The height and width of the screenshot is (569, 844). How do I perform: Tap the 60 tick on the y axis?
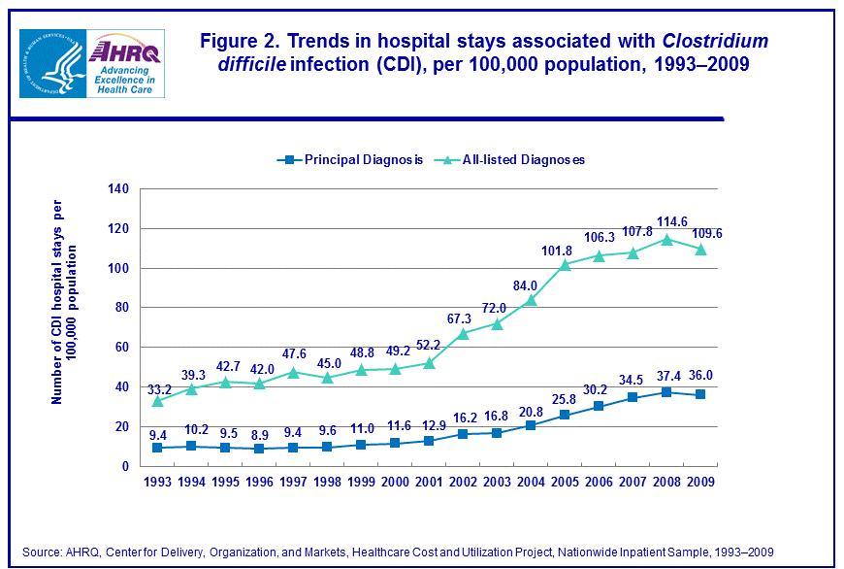coord(121,348)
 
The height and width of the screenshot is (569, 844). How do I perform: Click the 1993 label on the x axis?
coord(157,482)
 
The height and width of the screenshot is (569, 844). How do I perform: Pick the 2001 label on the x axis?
coord(429,482)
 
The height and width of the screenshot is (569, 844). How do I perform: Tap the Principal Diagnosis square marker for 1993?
coord(157,448)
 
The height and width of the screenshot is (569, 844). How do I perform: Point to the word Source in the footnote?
coord(42,551)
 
